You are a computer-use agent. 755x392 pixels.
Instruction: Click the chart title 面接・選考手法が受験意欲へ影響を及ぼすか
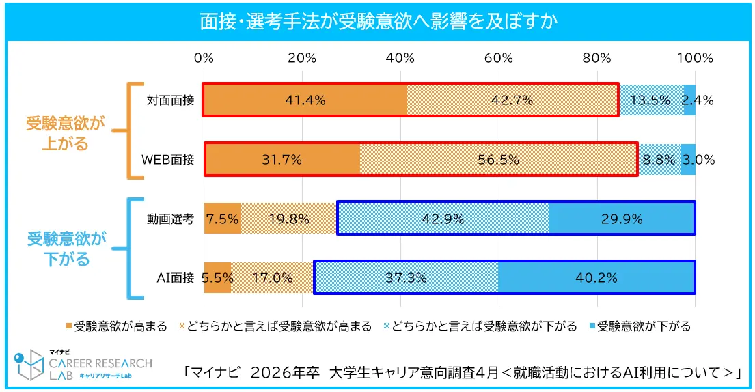(377, 20)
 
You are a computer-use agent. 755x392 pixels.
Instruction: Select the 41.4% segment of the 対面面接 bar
(305, 100)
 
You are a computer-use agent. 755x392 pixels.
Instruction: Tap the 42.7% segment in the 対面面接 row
(512, 100)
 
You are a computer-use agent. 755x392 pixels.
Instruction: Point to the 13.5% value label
(650, 100)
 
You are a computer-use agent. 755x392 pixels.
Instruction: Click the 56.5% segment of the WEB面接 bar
(498, 160)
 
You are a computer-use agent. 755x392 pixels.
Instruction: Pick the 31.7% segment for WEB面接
(282, 160)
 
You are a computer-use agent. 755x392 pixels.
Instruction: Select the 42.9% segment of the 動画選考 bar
(443, 219)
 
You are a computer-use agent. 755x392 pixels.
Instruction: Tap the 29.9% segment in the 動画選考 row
(622, 219)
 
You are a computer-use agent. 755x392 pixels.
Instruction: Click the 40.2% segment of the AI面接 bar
(596, 277)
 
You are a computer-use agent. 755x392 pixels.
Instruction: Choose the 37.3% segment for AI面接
(406, 277)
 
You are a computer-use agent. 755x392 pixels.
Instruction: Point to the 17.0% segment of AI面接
(273, 277)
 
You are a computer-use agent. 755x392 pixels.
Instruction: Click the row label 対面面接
(171, 100)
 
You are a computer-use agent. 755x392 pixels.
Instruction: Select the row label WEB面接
(168, 160)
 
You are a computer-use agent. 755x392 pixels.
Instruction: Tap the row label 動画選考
(171, 219)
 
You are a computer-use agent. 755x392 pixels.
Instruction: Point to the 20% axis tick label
(302, 58)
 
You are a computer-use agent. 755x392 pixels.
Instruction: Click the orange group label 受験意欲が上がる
(66, 133)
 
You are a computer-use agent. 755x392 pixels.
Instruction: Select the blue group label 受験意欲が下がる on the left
(67, 249)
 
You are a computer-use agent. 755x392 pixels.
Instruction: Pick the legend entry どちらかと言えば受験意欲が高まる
(275, 326)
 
